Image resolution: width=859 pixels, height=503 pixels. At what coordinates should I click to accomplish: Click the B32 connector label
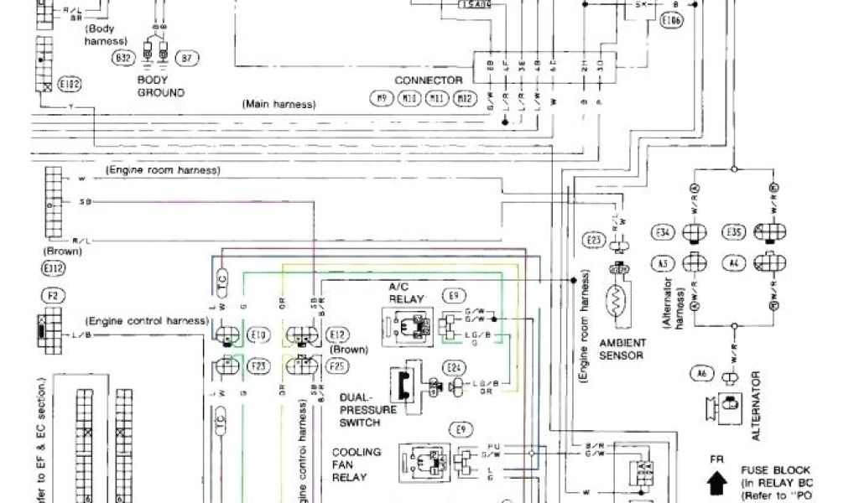(122, 59)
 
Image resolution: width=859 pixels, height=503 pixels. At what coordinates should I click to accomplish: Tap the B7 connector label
(187, 59)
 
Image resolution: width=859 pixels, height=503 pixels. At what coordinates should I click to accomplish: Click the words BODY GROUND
(160, 86)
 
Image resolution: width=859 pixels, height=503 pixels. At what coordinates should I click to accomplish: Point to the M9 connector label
(382, 99)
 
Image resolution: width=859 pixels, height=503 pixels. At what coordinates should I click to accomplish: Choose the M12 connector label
(464, 99)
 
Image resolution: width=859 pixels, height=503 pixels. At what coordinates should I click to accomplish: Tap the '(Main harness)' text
(279, 105)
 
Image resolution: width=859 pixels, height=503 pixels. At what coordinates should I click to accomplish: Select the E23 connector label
(593, 241)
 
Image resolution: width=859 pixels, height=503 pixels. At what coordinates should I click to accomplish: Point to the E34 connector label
(663, 232)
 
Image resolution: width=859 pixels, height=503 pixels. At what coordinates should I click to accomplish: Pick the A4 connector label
(735, 264)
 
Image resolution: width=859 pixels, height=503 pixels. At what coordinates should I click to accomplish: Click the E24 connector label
(454, 367)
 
